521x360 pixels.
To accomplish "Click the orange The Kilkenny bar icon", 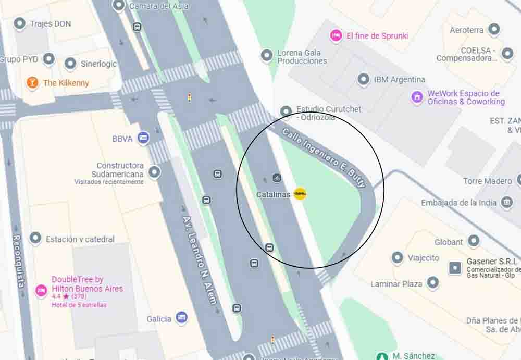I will pyautogui.click(x=32, y=83).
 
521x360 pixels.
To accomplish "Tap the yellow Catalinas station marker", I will pyautogui.click(x=300, y=194).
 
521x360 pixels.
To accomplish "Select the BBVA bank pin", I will pyautogui.click(x=143, y=138).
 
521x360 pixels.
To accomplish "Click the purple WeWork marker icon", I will pyautogui.click(x=417, y=97).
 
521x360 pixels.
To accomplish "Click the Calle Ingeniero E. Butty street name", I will pyautogui.click(x=324, y=156).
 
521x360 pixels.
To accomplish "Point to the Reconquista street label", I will pyautogui.click(x=19, y=261).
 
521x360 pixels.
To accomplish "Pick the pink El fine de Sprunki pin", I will pyautogui.click(x=337, y=35).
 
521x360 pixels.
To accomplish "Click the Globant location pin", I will pyautogui.click(x=474, y=241).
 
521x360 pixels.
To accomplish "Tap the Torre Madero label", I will pyautogui.click(x=487, y=181).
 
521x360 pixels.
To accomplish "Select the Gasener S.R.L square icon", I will pyautogui.click(x=455, y=268).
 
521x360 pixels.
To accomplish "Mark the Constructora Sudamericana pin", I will pyautogui.click(x=154, y=171).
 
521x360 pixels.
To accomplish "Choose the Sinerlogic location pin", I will pyautogui.click(x=70, y=64).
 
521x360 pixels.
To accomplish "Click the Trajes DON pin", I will pyautogui.click(x=20, y=23).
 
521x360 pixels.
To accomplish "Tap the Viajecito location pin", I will pyautogui.click(x=398, y=257).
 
